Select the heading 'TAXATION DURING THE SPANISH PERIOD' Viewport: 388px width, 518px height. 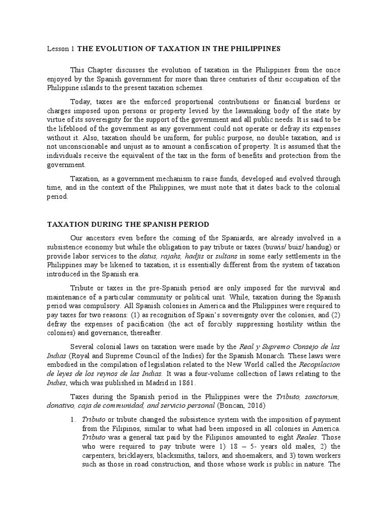128,224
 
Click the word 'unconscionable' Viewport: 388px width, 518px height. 85,146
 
